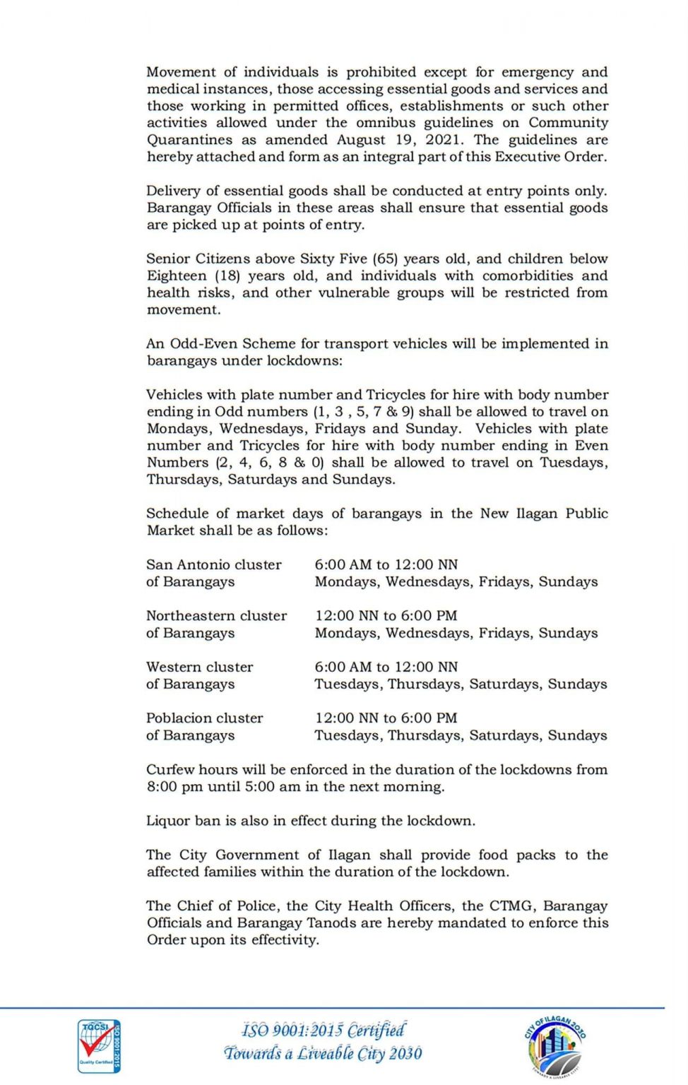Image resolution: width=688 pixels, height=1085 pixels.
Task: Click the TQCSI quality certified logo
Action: coord(99,1045)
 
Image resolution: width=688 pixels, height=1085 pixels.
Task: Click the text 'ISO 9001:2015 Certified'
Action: coord(324,1029)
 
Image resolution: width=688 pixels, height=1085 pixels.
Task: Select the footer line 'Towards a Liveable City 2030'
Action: coord(323,1053)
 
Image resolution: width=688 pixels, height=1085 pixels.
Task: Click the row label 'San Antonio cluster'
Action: coord(213,564)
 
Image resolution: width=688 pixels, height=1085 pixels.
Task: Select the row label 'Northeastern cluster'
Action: coord(216,615)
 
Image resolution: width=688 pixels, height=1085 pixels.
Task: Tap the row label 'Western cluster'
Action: coord(199,667)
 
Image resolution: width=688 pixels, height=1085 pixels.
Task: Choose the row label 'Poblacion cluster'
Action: coord(204,718)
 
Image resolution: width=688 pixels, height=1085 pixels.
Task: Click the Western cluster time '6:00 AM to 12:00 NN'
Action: coord(386,667)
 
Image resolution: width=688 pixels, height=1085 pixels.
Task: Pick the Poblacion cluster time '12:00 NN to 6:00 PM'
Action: coord(386,718)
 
